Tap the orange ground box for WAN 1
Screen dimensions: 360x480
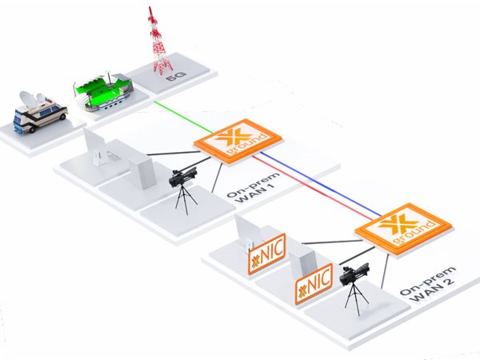(233, 142)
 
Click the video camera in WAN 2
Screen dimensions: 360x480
(355, 277)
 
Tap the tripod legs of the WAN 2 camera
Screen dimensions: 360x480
(355, 305)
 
